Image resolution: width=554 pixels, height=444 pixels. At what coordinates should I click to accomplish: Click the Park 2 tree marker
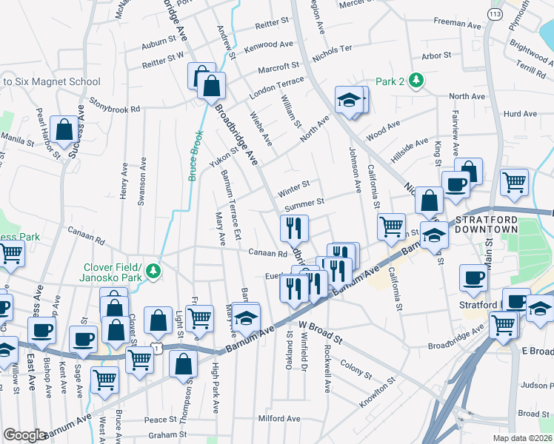(x=417, y=81)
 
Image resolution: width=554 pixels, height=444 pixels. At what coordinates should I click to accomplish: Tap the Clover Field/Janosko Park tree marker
(x=153, y=271)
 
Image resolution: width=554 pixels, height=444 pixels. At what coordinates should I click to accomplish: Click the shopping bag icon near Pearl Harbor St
(x=65, y=130)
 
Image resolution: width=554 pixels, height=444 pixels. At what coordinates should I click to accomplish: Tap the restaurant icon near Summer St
(x=294, y=229)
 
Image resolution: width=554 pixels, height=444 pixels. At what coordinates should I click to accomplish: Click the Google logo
(x=24, y=435)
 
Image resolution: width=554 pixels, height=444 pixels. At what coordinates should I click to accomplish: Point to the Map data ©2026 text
(x=523, y=438)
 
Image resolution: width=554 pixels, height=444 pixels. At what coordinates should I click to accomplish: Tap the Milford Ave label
(x=278, y=419)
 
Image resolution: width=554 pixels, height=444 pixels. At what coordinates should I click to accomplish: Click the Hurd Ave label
(x=519, y=114)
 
